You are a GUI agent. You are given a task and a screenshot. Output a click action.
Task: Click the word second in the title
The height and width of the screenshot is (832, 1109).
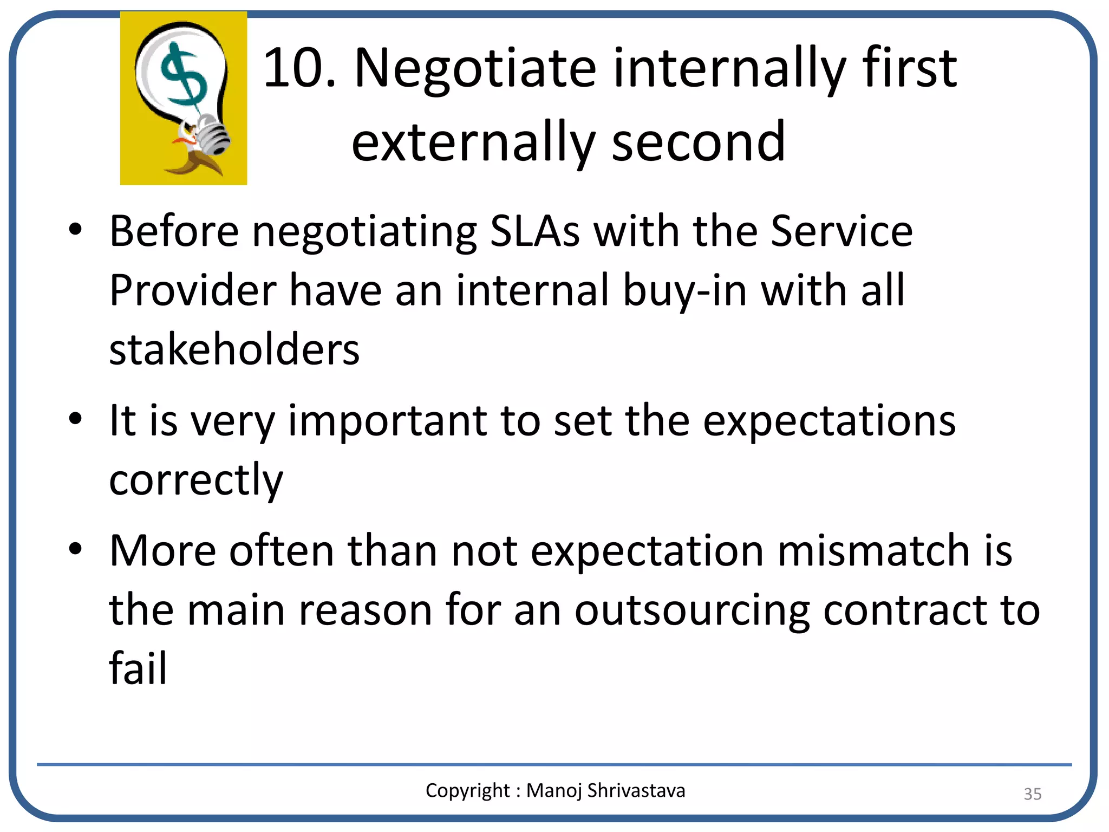[x=699, y=142]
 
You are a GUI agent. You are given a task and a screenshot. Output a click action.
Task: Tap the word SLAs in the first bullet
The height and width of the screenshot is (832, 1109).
[x=534, y=231]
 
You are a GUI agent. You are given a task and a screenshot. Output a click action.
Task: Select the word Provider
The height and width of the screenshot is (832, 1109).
[x=193, y=291]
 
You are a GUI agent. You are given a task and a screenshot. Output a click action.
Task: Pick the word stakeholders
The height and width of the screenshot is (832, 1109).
[x=234, y=349]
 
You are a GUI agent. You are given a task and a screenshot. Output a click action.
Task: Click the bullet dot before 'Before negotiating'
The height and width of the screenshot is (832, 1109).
[x=75, y=230]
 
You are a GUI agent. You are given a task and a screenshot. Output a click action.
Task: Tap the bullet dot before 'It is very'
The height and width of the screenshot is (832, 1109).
[x=75, y=419]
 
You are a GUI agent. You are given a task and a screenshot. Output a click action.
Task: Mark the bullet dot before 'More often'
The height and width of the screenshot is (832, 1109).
[x=75, y=549]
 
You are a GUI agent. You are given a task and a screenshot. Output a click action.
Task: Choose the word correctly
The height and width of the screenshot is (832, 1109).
[x=196, y=480]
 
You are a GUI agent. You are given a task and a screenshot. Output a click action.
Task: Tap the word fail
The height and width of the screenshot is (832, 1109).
[x=138, y=668]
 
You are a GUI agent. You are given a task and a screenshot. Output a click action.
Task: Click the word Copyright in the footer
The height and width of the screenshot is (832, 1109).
[x=467, y=791]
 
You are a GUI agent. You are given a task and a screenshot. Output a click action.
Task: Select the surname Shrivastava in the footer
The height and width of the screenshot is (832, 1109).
[x=636, y=790]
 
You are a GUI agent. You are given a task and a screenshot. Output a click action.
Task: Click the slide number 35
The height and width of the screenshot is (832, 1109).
[x=1032, y=794]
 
